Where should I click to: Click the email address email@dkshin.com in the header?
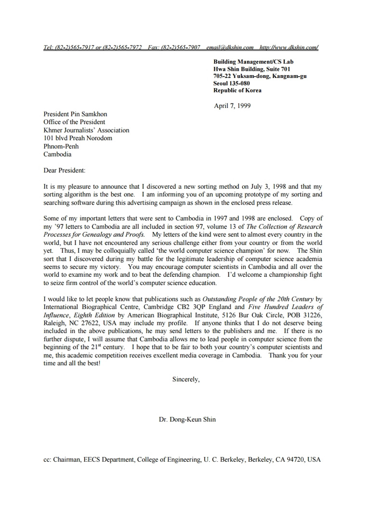pos(230,47)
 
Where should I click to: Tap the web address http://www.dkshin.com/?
pos(288,47)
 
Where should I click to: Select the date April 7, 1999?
pos(232,106)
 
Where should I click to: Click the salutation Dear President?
pos(64,170)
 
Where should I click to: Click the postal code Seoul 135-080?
pos(232,83)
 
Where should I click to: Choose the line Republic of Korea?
pos(237,90)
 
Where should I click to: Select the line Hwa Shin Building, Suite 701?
pos(252,69)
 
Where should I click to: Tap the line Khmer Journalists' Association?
pos(86,130)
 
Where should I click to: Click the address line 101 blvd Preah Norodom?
pos(78,138)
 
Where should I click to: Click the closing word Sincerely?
pos(186,379)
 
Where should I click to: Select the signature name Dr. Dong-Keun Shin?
pos(187,419)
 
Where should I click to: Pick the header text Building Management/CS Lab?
pos(253,62)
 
